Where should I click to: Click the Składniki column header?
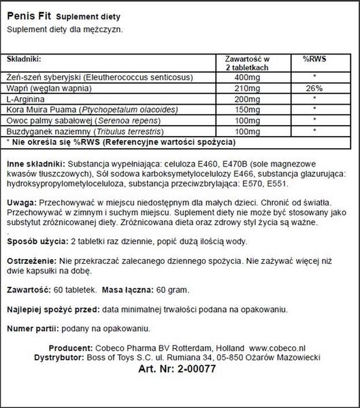click(24, 59)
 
